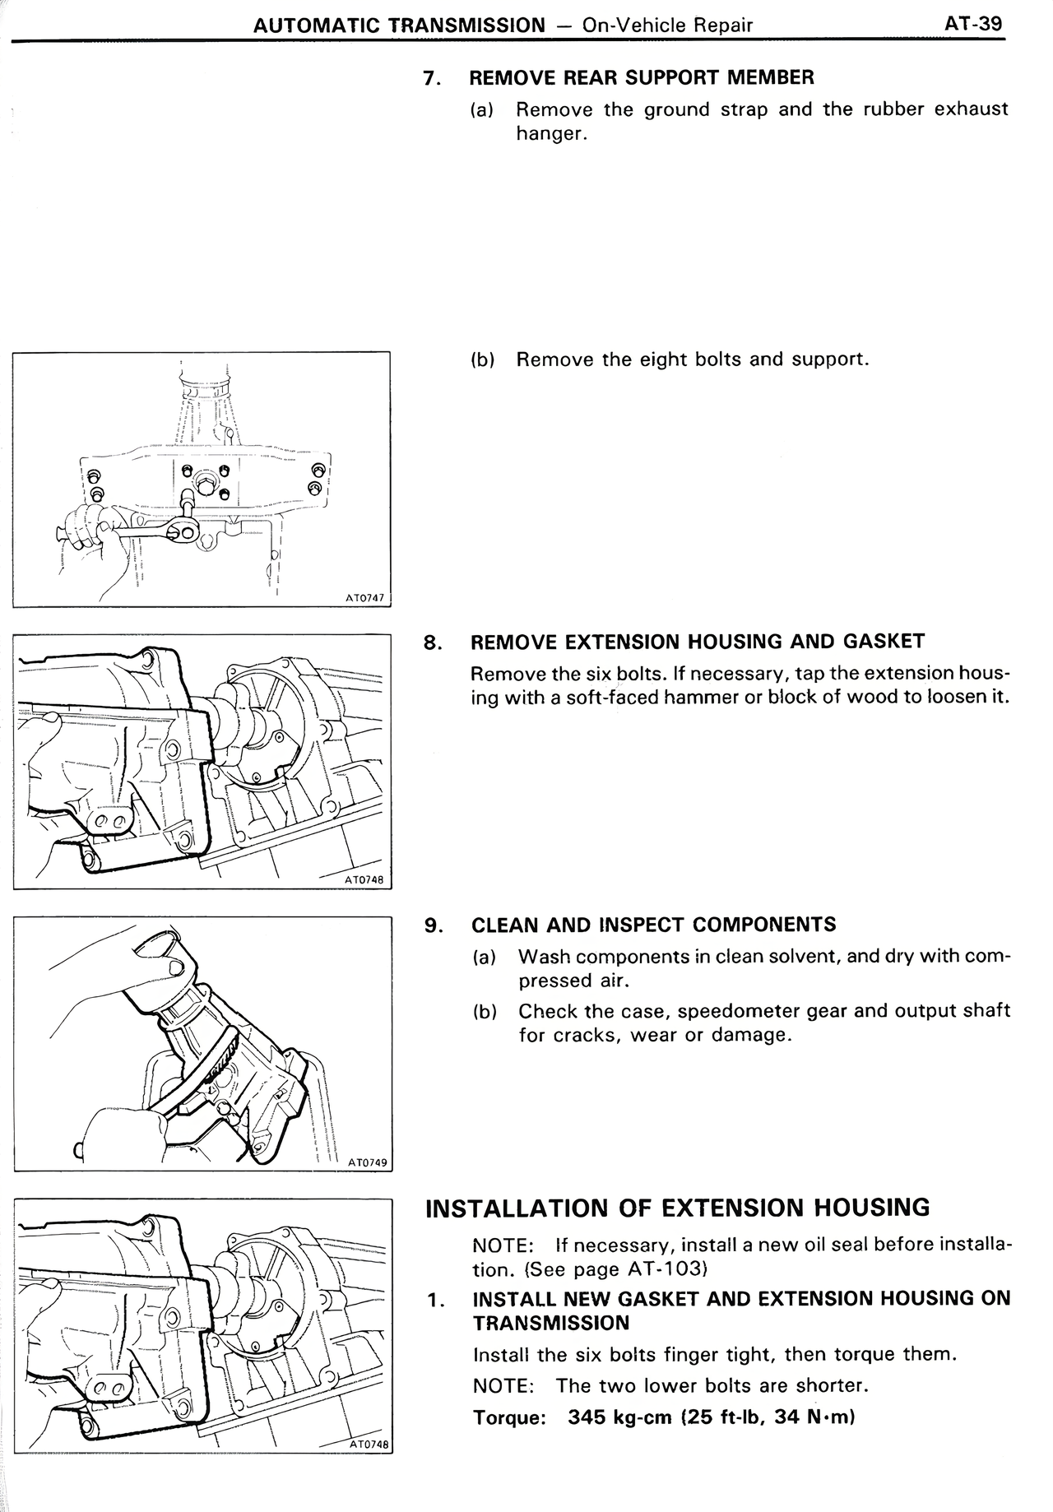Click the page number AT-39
click(973, 23)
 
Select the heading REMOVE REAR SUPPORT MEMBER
click(641, 78)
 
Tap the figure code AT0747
click(364, 598)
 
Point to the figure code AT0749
click(367, 1162)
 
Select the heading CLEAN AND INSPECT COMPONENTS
click(653, 925)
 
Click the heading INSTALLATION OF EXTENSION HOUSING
click(677, 1208)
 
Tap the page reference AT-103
click(664, 1269)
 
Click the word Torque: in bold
click(510, 1418)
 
